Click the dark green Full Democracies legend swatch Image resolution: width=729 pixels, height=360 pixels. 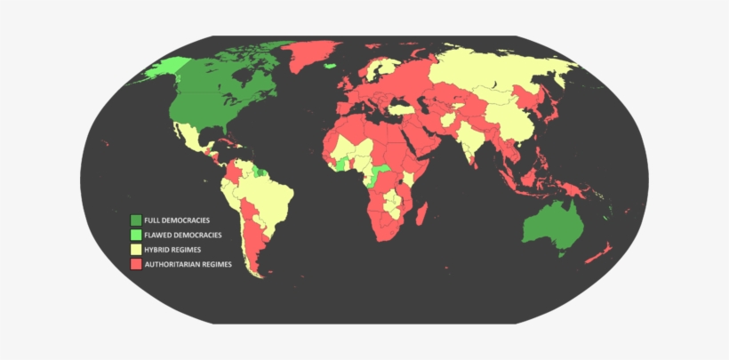(136, 220)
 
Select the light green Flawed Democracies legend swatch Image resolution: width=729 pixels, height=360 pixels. (136, 235)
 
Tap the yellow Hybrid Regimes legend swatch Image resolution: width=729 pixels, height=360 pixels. (136, 249)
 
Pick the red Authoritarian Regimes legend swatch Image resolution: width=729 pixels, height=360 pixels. (136, 264)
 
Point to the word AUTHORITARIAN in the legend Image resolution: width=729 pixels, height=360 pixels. (172, 264)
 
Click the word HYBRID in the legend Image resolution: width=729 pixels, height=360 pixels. (157, 250)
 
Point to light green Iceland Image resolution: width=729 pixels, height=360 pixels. (330, 65)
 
